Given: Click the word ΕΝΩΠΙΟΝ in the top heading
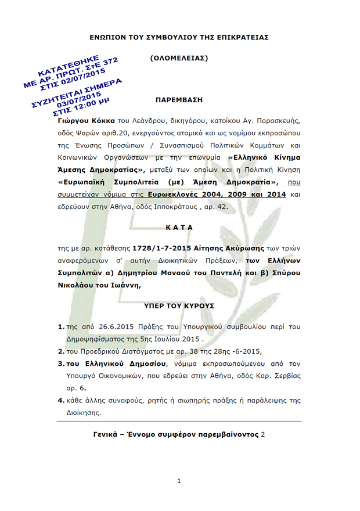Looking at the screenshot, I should (x=109, y=37).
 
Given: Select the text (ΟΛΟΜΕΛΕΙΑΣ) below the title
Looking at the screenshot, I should (x=179, y=58).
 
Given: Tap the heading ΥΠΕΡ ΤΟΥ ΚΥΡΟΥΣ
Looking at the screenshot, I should (x=179, y=304).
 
